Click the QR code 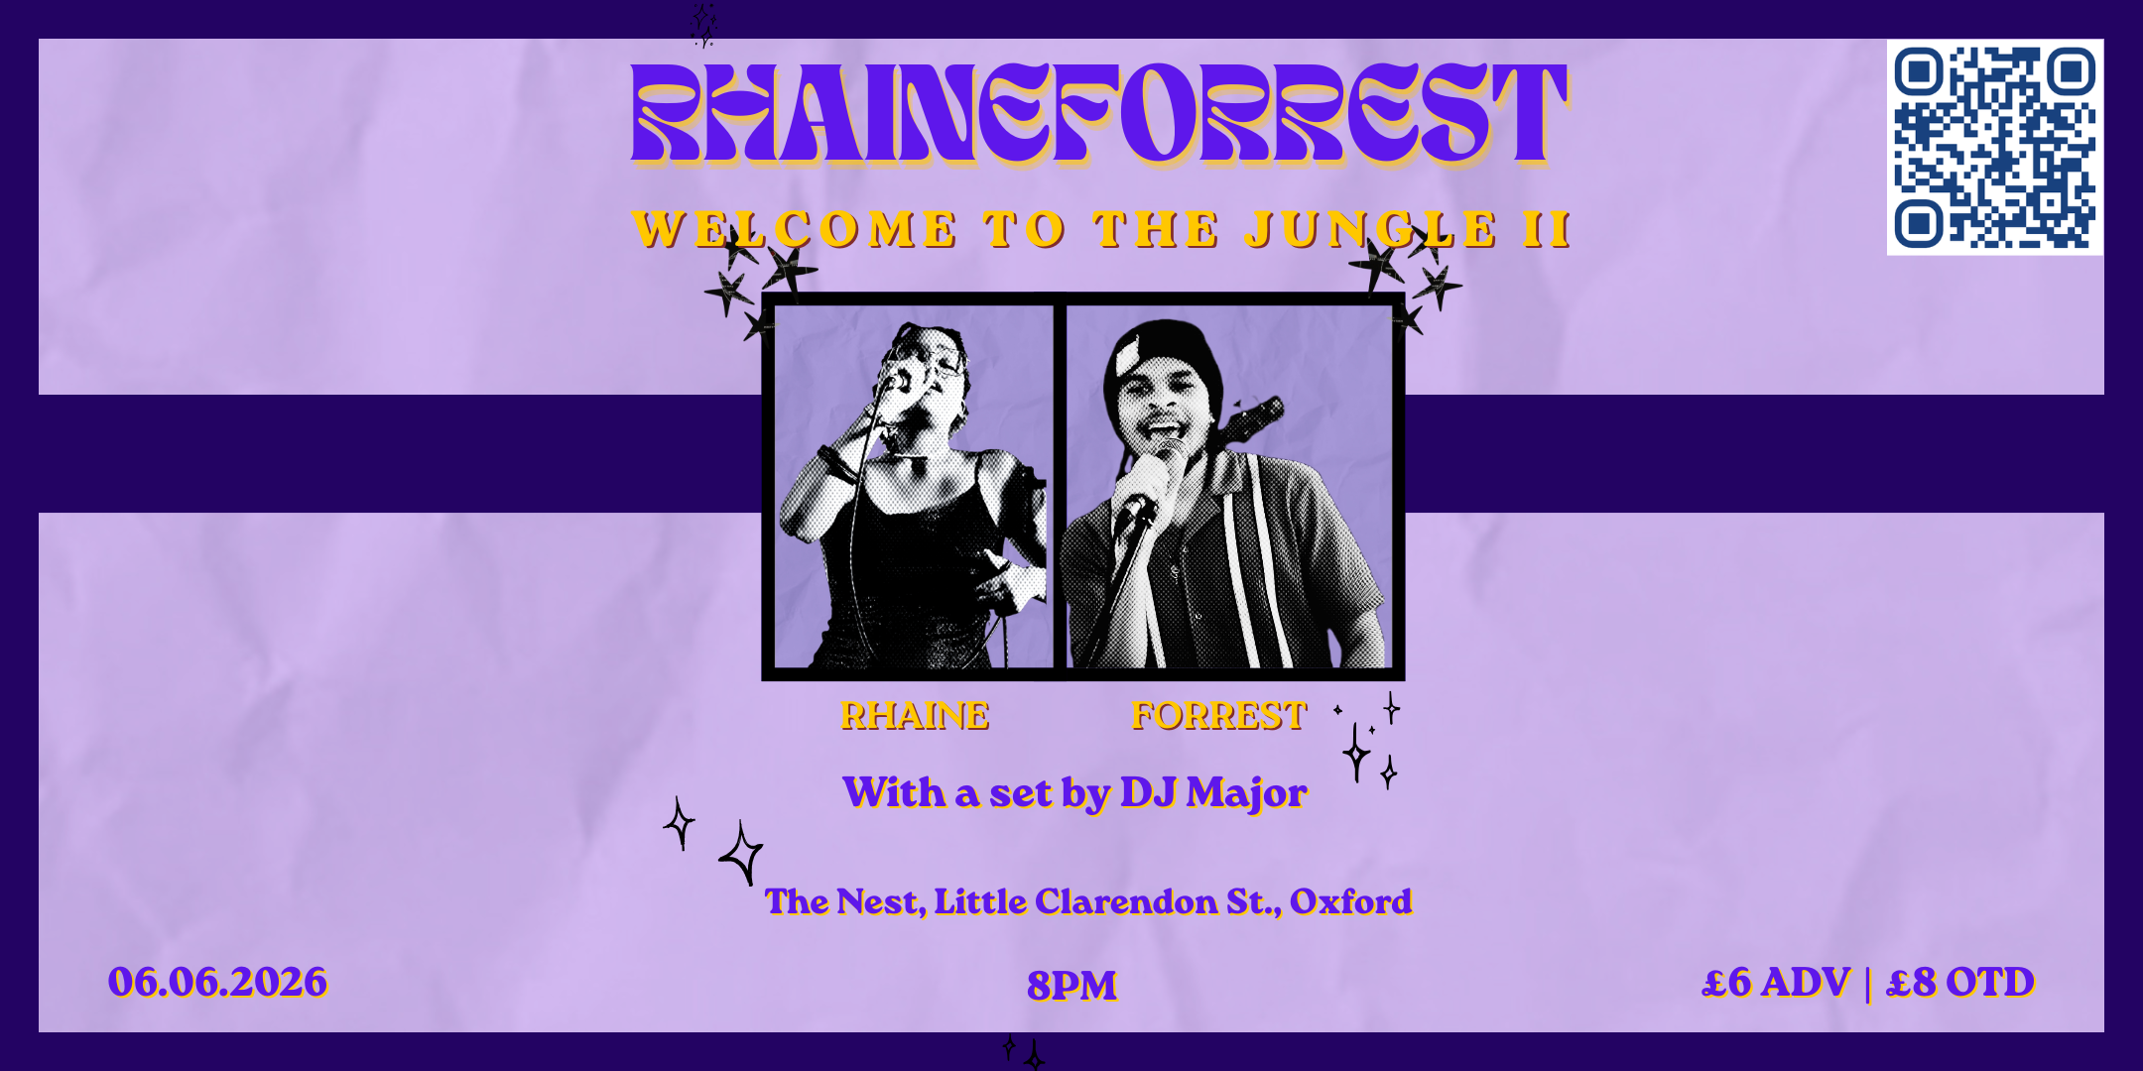(x=1994, y=147)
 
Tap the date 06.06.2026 (x=217, y=982)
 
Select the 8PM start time (x=1071, y=985)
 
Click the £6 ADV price (x=1776, y=982)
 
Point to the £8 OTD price (x=1960, y=982)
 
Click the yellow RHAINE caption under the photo (x=915, y=715)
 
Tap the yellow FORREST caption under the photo (x=1219, y=715)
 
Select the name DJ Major (x=1213, y=793)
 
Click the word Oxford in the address (x=1350, y=901)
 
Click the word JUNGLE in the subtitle (x=1370, y=229)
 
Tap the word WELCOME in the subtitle (x=795, y=229)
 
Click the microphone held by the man (x=1140, y=496)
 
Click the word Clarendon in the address (x=1125, y=901)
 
